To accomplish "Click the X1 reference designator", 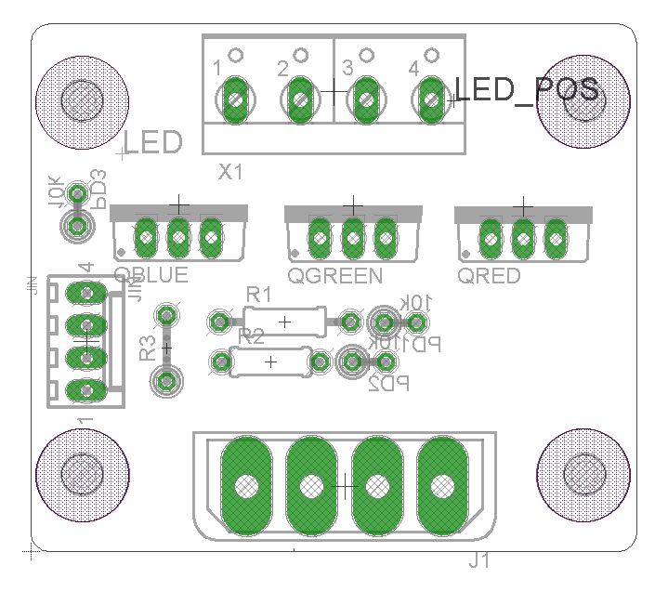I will [x=230, y=172].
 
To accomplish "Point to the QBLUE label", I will [x=151, y=275].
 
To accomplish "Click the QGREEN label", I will [x=334, y=276].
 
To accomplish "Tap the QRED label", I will [x=490, y=276].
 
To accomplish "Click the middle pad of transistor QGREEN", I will [x=352, y=238].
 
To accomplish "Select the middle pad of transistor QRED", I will [x=523, y=238].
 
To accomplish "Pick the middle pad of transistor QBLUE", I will [x=178, y=238].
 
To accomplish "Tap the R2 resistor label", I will [x=253, y=335].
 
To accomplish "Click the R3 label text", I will [x=148, y=349].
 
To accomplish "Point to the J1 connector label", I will [x=480, y=561].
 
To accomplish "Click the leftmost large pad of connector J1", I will [x=247, y=484].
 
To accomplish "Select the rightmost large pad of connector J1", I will [x=443, y=484].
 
